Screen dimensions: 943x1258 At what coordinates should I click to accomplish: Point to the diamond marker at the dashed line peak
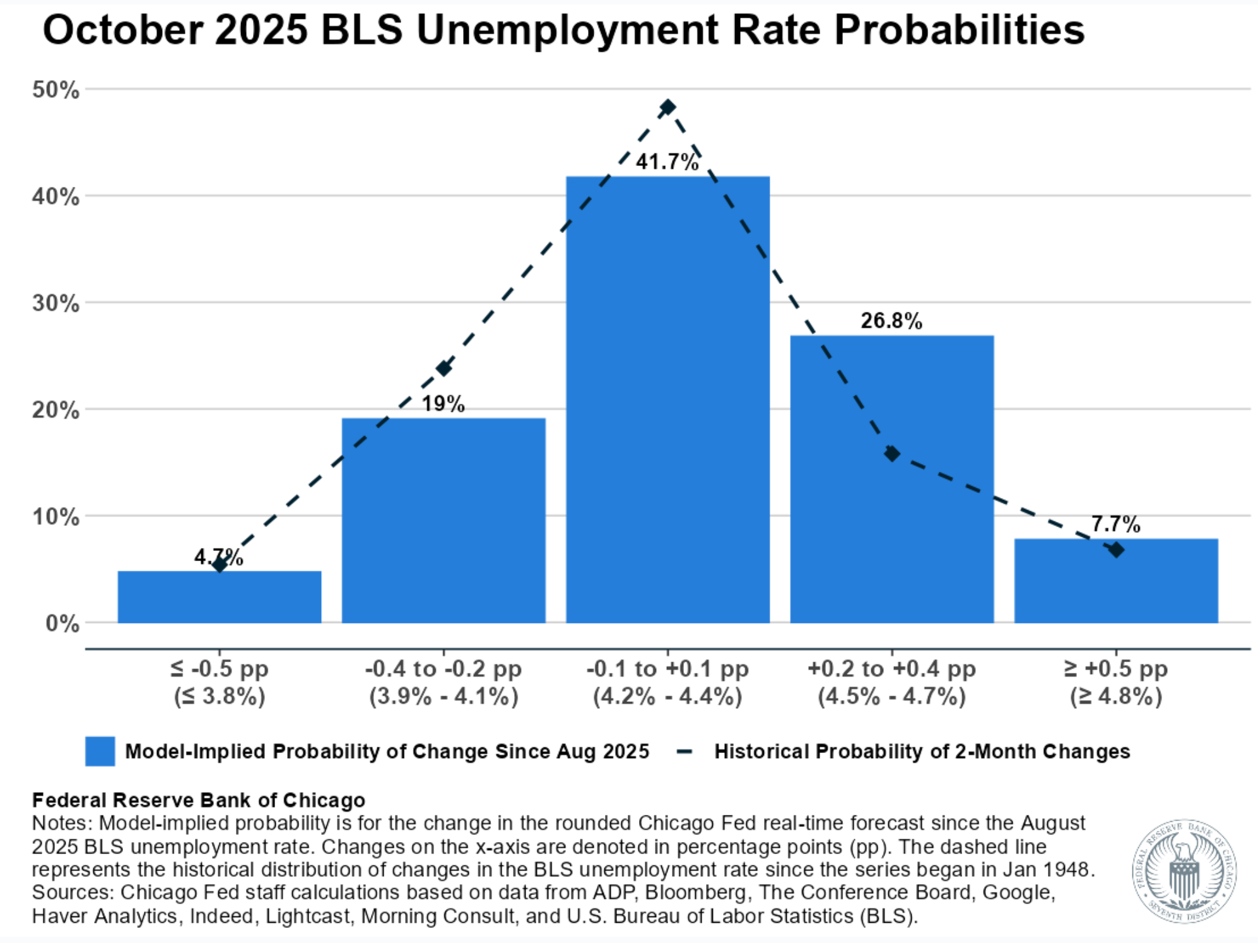pyautogui.click(x=667, y=107)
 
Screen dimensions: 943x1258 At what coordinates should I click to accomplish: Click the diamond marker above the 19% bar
pyautogui.click(x=444, y=368)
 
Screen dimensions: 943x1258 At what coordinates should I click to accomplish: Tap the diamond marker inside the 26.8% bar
pyautogui.click(x=891, y=453)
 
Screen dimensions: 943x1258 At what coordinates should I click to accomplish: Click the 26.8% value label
pyautogui.click(x=891, y=321)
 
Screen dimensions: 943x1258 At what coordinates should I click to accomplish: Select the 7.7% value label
pyautogui.click(x=1115, y=524)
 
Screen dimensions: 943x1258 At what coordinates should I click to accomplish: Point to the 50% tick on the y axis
pyautogui.click(x=56, y=90)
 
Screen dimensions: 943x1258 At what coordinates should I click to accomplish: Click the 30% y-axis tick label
pyautogui.click(x=56, y=303)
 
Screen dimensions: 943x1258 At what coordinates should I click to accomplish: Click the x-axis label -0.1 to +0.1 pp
pyautogui.click(x=667, y=668)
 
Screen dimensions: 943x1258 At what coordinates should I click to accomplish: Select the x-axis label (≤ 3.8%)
pyautogui.click(x=219, y=696)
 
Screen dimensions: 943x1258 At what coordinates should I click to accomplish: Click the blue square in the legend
pyautogui.click(x=100, y=751)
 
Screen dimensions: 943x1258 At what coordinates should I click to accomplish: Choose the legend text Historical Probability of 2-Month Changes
pyautogui.click(x=922, y=751)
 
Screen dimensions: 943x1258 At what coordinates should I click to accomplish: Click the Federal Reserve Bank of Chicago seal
pyautogui.click(x=1184, y=871)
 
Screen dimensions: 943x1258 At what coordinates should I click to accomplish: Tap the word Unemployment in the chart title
pyautogui.click(x=567, y=30)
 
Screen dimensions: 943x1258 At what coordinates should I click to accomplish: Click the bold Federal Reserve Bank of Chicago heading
pyautogui.click(x=198, y=800)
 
